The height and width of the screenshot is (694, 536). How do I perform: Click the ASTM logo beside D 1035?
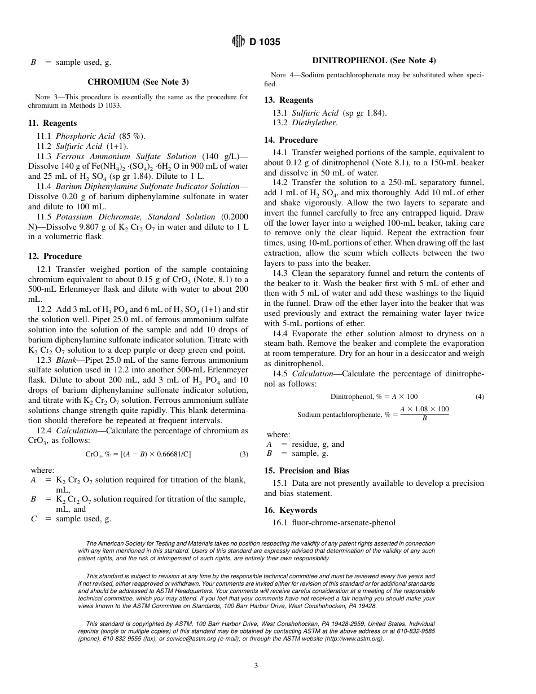(x=238, y=42)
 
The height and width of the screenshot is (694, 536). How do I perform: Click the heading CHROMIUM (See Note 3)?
(x=138, y=82)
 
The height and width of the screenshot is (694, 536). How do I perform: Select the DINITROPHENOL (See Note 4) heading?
(x=374, y=60)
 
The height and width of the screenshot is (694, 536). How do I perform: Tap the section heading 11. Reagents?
(x=52, y=123)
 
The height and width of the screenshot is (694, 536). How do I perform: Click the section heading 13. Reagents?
(x=288, y=100)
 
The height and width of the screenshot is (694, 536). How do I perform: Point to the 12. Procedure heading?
(x=55, y=256)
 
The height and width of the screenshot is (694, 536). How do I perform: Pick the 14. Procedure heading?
(x=291, y=140)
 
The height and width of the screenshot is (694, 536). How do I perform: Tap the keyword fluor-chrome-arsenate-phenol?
(x=344, y=522)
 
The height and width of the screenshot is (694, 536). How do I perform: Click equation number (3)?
(x=244, y=454)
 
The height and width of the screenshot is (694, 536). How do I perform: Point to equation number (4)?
(x=480, y=397)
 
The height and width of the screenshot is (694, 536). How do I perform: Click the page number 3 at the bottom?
(x=256, y=666)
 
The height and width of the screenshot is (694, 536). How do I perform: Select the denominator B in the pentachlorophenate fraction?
(x=424, y=419)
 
